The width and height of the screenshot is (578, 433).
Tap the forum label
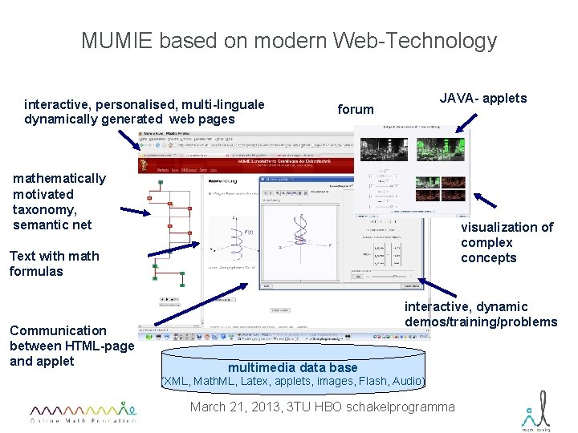[356, 109]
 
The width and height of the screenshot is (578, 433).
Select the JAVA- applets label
[483, 99]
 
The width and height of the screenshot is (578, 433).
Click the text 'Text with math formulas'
[54, 264]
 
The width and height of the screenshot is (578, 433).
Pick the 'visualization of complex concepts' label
[507, 242]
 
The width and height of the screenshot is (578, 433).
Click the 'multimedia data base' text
[293, 367]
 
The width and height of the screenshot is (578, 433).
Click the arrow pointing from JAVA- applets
[466, 122]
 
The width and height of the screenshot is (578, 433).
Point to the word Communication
[58, 330]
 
